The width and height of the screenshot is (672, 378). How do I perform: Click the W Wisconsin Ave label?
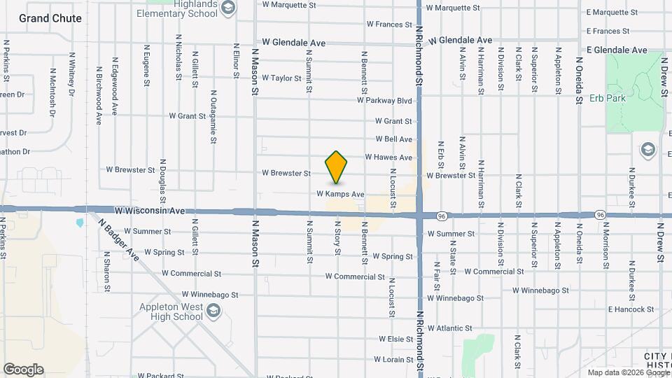(x=150, y=210)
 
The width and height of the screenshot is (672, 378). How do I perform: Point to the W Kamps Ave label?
(x=341, y=194)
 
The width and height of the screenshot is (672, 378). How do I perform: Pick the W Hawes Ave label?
(x=388, y=157)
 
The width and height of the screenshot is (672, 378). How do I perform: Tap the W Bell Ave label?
(x=394, y=139)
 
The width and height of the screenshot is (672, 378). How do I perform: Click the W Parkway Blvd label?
(x=384, y=101)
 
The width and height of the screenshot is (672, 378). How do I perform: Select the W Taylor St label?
(x=281, y=78)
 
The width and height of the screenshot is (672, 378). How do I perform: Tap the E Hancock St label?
(x=631, y=309)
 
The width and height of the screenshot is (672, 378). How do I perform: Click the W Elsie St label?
(x=395, y=339)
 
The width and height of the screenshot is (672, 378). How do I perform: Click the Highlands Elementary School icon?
(x=227, y=8)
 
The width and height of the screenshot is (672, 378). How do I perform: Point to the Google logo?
(x=23, y=370)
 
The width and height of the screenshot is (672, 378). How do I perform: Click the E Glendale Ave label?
(x=617, y=50)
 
